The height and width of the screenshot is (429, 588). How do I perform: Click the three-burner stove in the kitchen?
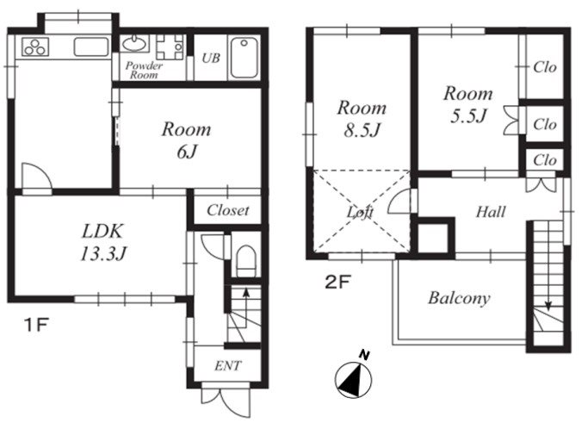pos(35,47)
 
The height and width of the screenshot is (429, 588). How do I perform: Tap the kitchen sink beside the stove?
pos(91,47)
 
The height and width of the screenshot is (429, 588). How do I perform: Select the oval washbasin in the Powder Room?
pos(134,44)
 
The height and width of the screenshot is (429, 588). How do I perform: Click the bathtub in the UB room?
pos(244,58)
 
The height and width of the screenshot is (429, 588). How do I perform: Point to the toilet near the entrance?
pos(246,260)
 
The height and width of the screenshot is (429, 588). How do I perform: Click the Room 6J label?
pos(186,140)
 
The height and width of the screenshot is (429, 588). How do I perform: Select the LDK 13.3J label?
pos(102,242)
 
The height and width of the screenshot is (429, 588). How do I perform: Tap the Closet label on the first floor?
pos(227,210)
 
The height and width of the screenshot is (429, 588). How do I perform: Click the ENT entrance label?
pos(228,365)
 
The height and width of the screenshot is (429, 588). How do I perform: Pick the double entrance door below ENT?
pos(226,400)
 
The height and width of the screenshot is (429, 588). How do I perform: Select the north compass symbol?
pos(355,377)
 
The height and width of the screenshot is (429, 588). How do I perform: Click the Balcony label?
pos(459,298)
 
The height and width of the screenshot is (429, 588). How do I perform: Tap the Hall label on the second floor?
pos(491,212)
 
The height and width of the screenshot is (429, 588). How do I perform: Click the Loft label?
pos(360,212)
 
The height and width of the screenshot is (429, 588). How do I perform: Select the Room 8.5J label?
pos(362,119)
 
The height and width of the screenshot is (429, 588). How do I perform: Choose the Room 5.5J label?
pos(468,104)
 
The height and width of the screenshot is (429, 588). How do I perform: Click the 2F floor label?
pos(337,283)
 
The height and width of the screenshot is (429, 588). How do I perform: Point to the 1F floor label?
pos(36,325)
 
